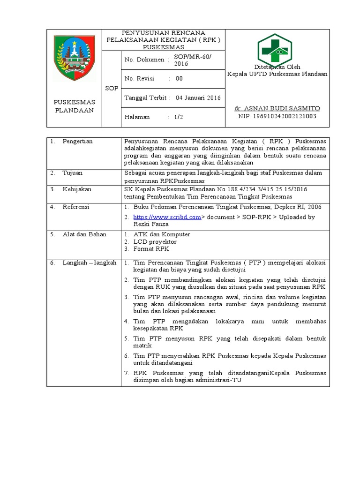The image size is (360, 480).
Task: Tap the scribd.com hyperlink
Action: (167, 217)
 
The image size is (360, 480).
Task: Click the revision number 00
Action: (179, 79)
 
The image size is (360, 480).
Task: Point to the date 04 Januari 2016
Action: (198, 97)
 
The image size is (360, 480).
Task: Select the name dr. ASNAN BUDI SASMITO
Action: (277, 108)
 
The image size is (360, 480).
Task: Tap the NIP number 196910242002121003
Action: (277, 116)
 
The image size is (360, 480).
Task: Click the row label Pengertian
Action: (77, 141)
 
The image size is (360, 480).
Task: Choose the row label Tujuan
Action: (72, 172)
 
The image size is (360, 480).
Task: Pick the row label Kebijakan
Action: (77, 189)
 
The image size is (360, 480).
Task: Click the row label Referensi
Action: (76, 207)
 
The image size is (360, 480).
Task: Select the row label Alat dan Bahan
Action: (84, 234)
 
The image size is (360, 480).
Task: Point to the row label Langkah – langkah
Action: (89, 263)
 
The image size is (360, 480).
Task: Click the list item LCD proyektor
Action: (155, 241)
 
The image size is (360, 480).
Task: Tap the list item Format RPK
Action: (151, 249)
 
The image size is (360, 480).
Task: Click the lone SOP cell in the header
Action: (112, 88)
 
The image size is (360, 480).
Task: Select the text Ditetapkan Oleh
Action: (277, 67)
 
